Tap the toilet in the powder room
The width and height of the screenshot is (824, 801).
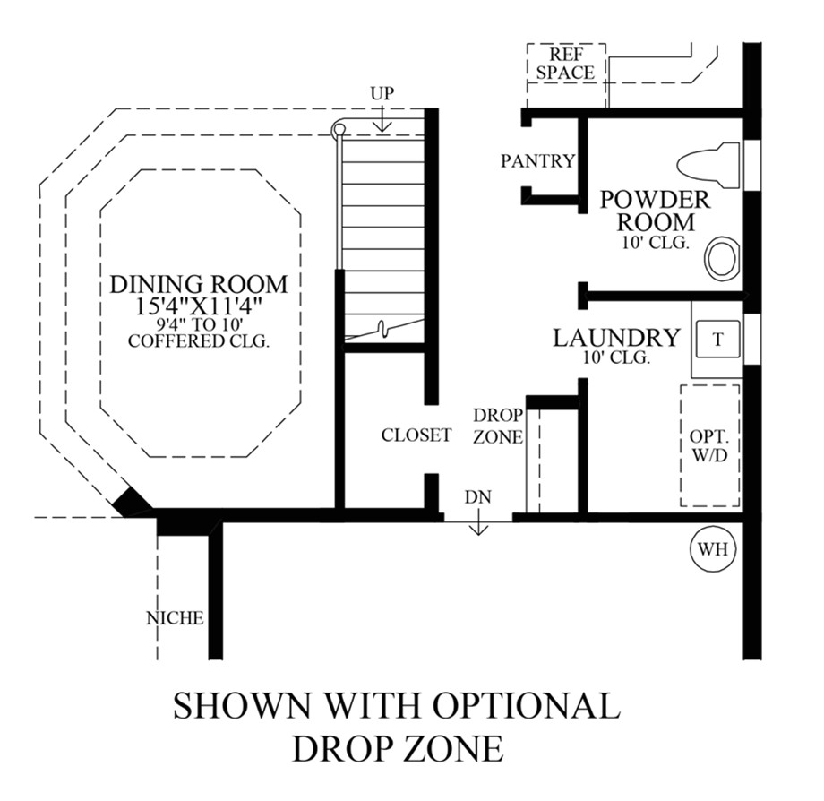pos(709,165)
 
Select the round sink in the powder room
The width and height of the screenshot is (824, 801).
pos(722,259)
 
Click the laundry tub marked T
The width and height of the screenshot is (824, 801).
pos(718,340)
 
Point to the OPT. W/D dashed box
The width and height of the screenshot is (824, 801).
pos(709,445)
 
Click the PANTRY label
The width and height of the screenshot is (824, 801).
pos(537,161)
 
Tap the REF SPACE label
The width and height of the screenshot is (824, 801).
pos(565,63)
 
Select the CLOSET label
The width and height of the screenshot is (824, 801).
pos(416,436)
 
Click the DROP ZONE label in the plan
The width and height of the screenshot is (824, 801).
pos(492,426)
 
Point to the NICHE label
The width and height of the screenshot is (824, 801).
pos(175,618)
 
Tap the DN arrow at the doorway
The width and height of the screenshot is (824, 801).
pos(478,525)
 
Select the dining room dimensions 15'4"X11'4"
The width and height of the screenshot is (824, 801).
pos(199,305)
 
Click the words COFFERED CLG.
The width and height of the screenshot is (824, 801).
pos(199,340)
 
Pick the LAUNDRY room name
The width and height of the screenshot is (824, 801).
pos(616,338)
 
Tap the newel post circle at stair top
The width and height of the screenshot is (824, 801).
pos(339,130)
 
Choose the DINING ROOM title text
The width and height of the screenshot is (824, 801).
pos(199,284)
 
